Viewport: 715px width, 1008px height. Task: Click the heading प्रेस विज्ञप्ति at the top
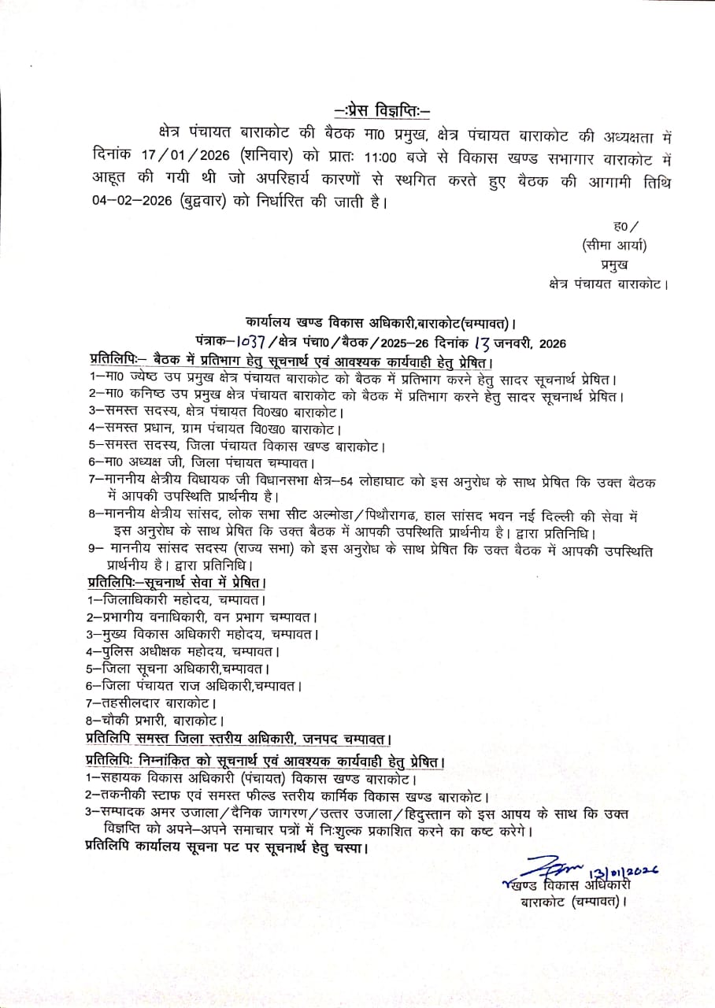383,109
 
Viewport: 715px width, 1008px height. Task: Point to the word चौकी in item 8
115,720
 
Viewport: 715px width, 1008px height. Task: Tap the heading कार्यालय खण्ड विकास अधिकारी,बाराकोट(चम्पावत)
380,323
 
